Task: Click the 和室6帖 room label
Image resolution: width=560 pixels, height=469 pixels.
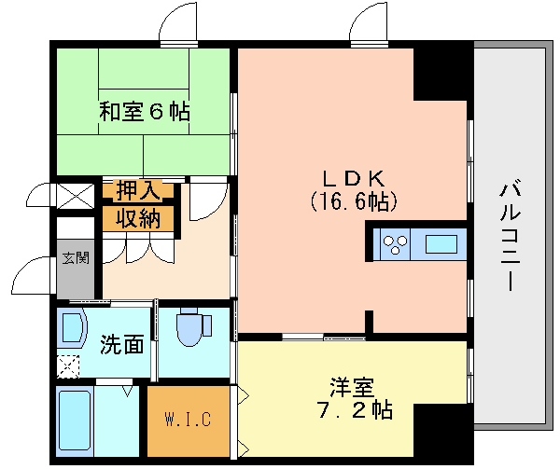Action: tap(145, 112)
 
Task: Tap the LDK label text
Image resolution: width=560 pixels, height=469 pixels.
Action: tap(354, 178)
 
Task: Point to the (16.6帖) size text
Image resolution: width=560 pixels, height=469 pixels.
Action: tap(354, 201)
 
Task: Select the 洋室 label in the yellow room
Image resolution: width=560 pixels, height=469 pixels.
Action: tap(352, 388)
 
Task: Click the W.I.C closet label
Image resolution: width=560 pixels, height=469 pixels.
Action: tap(189, 420)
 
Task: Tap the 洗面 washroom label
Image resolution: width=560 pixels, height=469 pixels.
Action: tap(122, 345)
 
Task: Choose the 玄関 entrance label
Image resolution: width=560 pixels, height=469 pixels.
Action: tap(76, 257)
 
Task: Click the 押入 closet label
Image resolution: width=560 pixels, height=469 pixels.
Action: tap(138, 191)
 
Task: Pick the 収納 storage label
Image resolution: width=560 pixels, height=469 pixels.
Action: tap(138, 218)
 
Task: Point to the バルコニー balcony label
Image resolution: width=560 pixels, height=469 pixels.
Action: tap(510, 237)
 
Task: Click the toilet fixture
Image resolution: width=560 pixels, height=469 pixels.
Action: tap(193, 327)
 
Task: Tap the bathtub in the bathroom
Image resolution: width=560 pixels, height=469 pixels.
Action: tap(75, 421)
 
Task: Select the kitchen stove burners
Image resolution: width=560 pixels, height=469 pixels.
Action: tap(395, 245)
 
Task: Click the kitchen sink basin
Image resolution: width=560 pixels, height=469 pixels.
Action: tap(441, 244)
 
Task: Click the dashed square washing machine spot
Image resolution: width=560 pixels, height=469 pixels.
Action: tap(68, 366)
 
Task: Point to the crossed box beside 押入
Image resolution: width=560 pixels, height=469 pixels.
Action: tap(76, 196)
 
